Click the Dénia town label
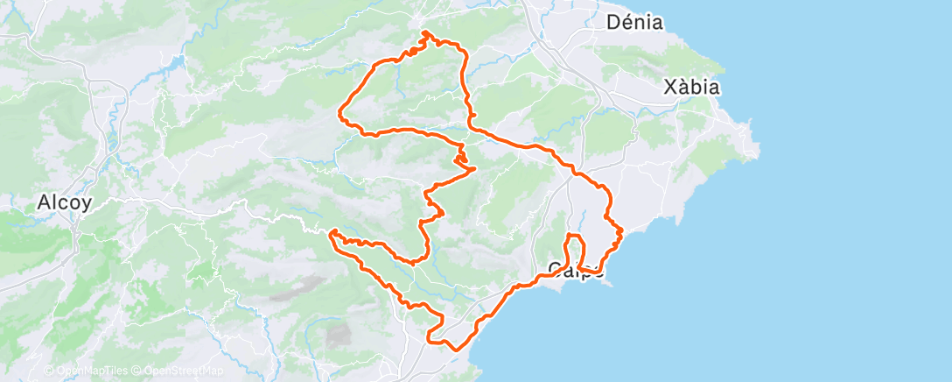(635, 23)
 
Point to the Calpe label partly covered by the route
(574, 268)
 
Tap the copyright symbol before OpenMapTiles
(49, 371)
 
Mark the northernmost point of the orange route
(425, 32)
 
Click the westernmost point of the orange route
(332, 232)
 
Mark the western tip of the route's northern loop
(341, 112)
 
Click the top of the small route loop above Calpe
(574, 235)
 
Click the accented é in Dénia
(627, 23)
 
